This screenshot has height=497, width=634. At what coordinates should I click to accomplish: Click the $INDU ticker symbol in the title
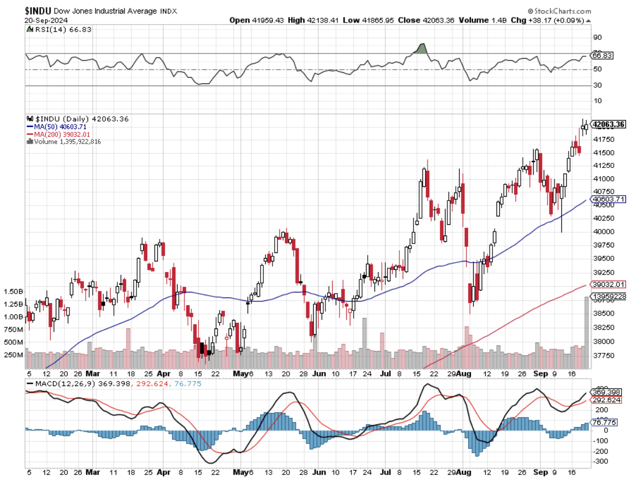click(39, 11)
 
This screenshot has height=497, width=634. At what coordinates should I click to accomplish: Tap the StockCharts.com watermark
click(560, 11)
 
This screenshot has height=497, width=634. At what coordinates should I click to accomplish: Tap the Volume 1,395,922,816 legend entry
click(67, 141)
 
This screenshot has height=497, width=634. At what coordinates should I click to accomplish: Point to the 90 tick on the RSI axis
click(596, 37)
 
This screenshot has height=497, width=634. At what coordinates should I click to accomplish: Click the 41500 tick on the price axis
click(604, 153)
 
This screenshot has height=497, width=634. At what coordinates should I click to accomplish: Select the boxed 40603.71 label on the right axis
click(607, 199)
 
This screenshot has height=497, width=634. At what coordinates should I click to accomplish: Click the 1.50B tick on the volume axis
click(12, 292)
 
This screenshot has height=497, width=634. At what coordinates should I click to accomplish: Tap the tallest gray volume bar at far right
click(586, 332)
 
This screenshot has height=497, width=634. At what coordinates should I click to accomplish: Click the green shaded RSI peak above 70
click(420, 49)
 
